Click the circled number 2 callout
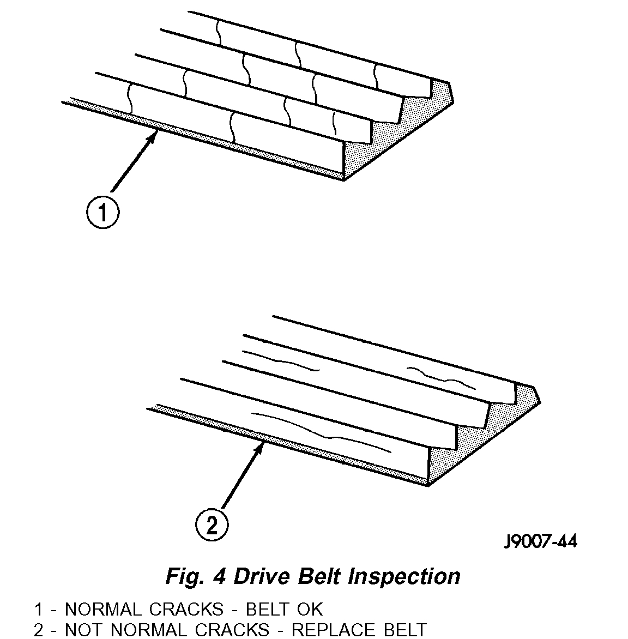(212, 525)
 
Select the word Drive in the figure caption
(263, 576)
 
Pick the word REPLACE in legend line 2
(334, 630)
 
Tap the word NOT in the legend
(86, 630)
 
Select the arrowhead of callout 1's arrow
(155, 134)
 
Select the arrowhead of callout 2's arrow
(263, 446)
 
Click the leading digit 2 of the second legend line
(38, 630)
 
